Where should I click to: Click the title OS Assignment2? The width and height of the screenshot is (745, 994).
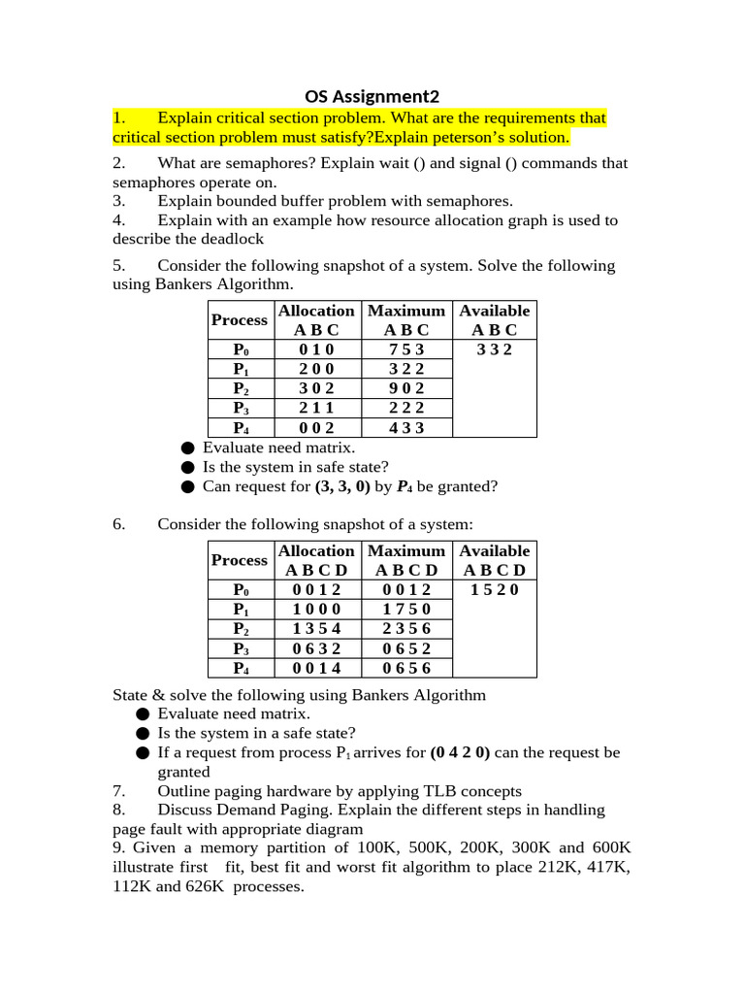[x=372, y=96]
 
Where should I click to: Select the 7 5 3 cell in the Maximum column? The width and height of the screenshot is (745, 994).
[x=406, y=349]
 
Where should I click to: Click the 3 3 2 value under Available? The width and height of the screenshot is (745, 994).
[x=495, y=349]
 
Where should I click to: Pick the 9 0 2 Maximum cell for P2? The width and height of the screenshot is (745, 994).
[x=406, y=388]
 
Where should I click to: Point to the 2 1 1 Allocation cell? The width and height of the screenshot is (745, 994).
[x=316, y=408]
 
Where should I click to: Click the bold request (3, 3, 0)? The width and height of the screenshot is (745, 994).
[x=342, y=486]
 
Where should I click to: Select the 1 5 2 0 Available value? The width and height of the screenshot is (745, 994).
[x=495, y=589]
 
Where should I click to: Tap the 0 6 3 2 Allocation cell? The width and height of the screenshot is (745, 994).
[x=316, y=647]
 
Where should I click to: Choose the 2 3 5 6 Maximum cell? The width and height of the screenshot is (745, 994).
[x=406, y=628]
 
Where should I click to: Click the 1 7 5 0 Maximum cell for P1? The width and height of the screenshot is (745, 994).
[x=406, y=609]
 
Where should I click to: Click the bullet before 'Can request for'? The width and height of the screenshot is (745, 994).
[x=187, y=486]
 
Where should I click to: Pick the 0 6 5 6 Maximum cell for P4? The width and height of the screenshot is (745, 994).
[x=406, y=667]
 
